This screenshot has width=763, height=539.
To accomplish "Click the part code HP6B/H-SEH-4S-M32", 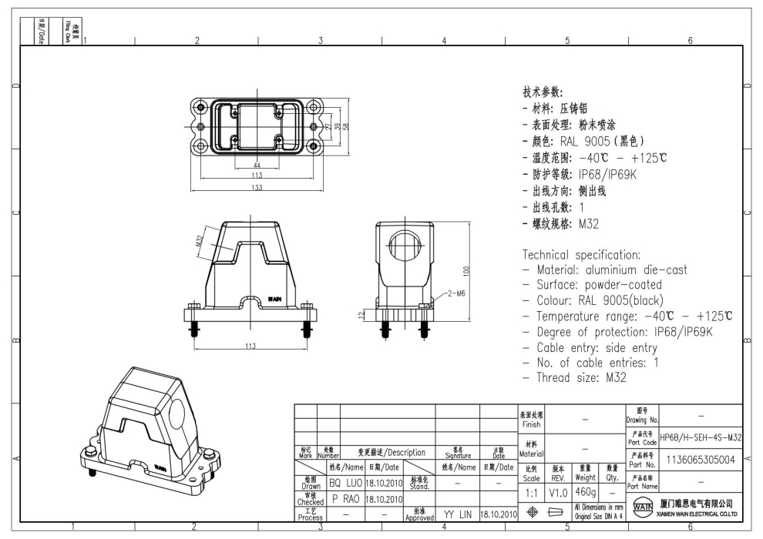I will coord(701,437).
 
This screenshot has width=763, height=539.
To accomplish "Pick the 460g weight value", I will coord(586,491).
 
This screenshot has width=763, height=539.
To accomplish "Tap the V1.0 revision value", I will coord(558,491).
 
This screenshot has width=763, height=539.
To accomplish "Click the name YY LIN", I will coord(457,514).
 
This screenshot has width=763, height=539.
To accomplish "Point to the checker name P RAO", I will coord(345,499).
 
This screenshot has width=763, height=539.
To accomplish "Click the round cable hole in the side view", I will coord(403,247).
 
